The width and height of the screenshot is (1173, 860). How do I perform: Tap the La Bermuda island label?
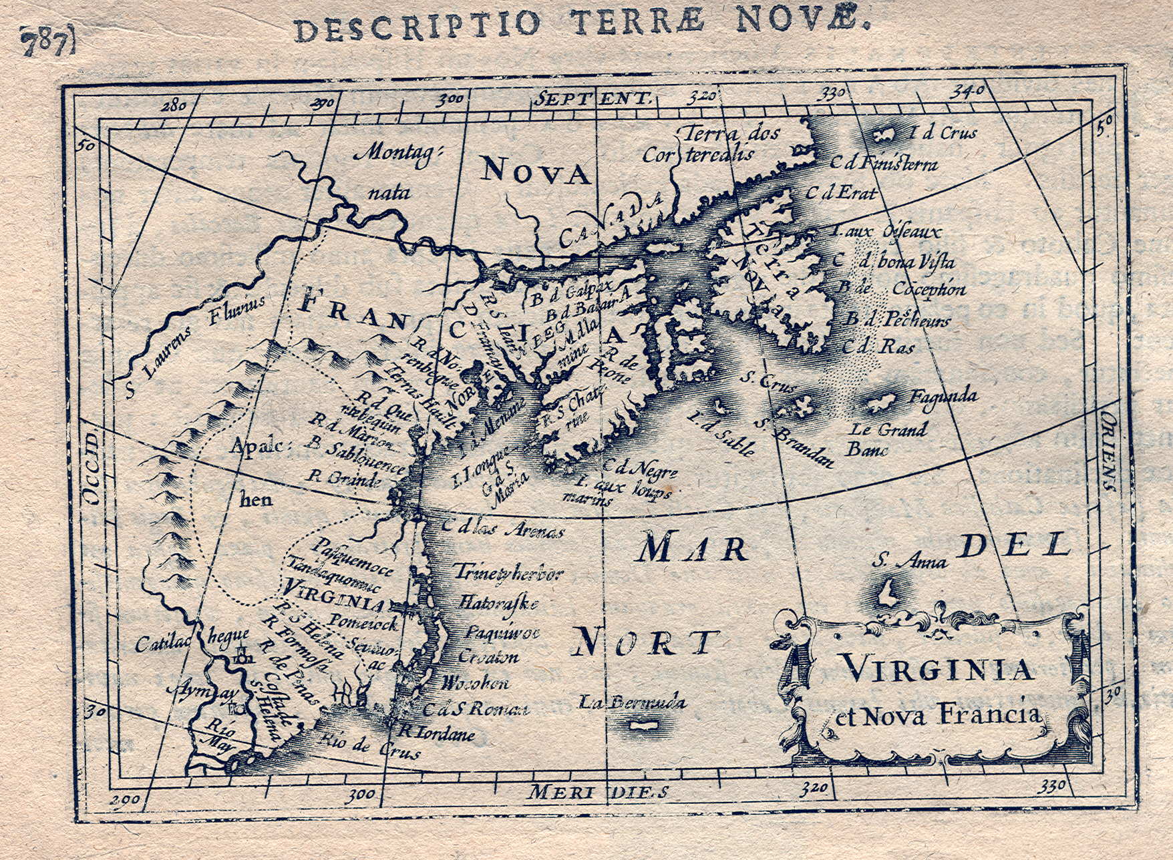(x=632, y=702)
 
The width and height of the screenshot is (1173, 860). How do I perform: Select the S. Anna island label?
(x=909, y=561)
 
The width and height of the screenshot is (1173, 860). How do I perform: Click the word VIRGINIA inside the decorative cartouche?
(x=937, y=668)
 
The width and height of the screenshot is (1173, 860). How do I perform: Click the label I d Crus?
(x=943, y=133)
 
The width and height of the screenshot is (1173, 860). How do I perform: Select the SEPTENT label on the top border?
(x=592, y=99)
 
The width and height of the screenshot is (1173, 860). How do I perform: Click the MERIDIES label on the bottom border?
(x=597, y=792)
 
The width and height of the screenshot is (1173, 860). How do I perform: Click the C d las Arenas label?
(x=502, y=529)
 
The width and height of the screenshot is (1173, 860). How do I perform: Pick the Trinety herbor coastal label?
(x=510, y=572)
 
